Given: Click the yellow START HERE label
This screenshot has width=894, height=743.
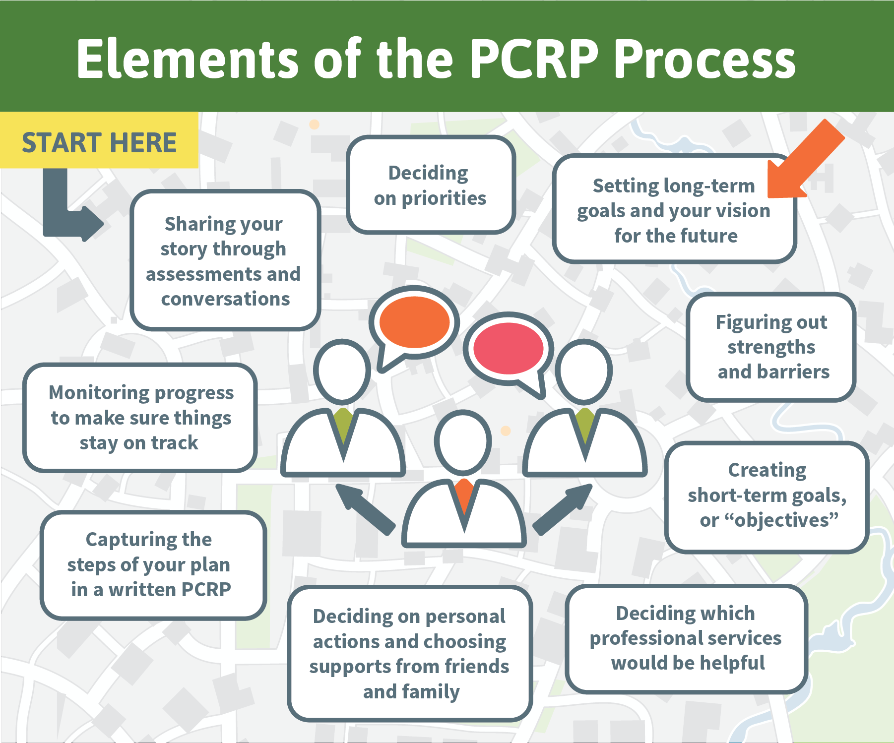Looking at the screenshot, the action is coord(99,140).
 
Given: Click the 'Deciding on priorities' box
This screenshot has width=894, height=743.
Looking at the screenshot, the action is coord(431,185).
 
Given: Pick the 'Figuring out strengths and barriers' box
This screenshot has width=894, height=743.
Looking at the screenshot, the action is coord(771,347).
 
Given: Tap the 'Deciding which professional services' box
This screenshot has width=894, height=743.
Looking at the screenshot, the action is coord(687,639).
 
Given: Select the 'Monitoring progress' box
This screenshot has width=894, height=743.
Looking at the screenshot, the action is coord(140,418).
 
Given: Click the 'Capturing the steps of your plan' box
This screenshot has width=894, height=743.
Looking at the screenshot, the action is coord(153,565).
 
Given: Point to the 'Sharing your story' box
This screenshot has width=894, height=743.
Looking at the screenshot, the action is coord(225,260).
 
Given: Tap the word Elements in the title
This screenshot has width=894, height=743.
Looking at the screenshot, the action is coord(188,59).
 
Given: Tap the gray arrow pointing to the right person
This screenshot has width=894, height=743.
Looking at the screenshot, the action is coord(563,509).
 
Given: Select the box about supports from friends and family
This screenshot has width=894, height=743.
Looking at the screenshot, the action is coord(410,654).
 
